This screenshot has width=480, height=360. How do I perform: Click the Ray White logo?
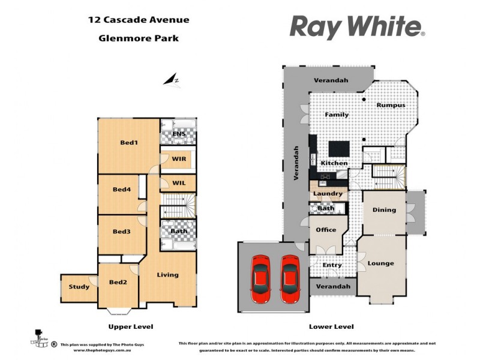tap(358, 27)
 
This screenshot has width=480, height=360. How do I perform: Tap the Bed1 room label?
tap(129, 143)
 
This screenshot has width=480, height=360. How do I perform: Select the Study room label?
tap(79, 287)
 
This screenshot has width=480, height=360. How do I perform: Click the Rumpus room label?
tap(391, 106)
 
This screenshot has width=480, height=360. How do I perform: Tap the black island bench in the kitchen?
tap(336, 148)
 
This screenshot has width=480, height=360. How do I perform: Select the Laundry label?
tap(328, 194)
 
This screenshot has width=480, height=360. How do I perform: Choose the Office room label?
tap(326, 230)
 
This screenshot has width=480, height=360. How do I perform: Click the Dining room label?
tap(384, 210)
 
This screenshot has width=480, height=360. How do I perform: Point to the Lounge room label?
tap(381, 263)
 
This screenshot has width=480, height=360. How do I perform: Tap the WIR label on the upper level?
tap(179, 160)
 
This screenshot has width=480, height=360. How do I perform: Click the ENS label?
tap(179, 134)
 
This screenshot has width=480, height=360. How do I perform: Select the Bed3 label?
tap(121, 232)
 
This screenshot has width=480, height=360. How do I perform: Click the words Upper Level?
tap(130, 326)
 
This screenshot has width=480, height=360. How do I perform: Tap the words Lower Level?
tap(331, 326)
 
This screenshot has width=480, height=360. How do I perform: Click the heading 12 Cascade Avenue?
tap(139, 20)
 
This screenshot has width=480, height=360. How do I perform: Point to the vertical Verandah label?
tap(296, 163)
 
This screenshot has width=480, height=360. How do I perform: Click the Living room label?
tap(168, 275)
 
